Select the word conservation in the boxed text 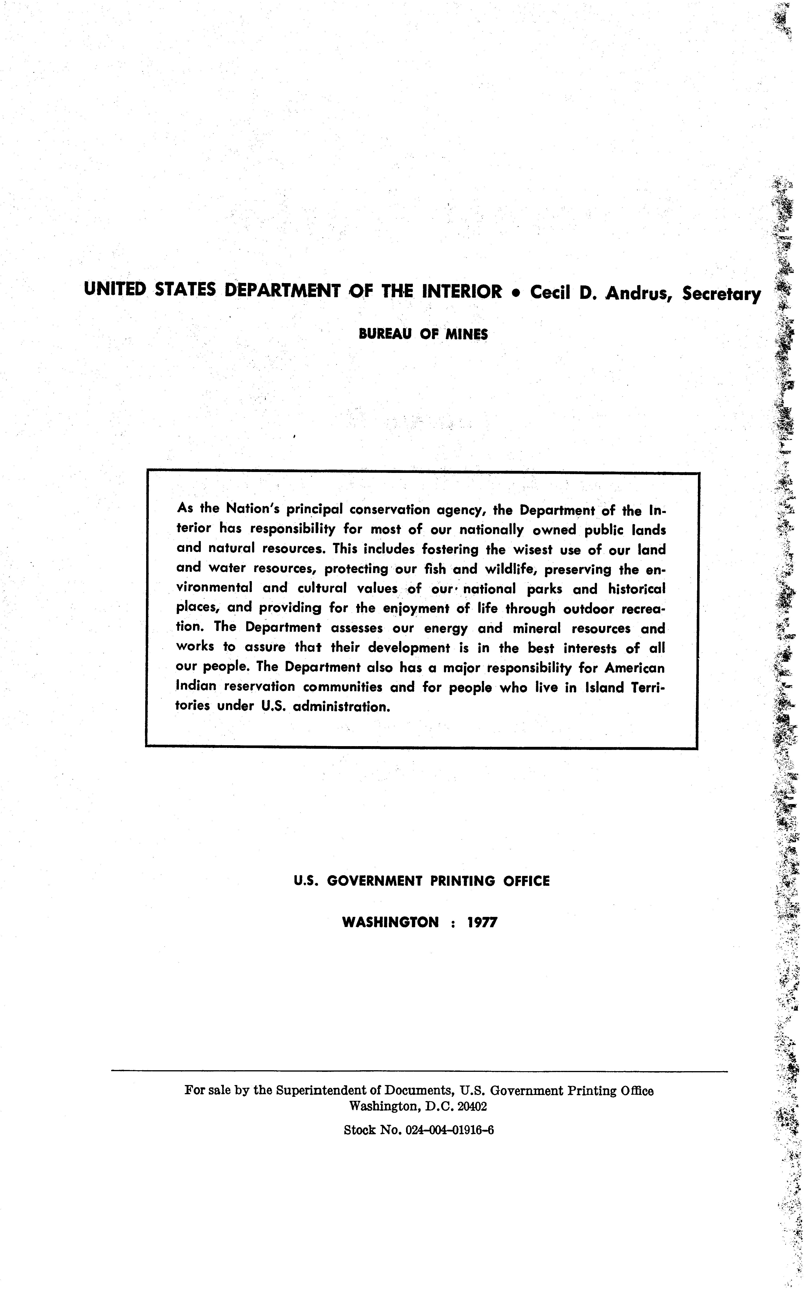pos(389,509)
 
